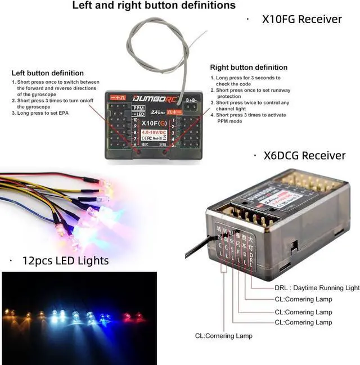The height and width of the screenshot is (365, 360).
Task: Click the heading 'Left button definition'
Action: pos(48,73)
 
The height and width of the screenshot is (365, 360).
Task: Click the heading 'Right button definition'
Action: pos(249,67)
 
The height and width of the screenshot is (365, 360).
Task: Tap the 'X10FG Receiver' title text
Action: pos(301,19)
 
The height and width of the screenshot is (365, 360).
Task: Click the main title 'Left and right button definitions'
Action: pos(154,6)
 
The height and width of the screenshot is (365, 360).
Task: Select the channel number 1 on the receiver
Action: pos(173,120)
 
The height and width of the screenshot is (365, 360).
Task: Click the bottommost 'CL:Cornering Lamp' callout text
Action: pos(223,336)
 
